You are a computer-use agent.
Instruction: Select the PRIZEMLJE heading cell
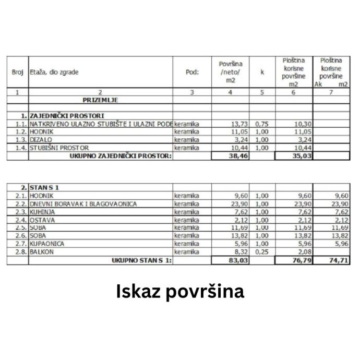[x=100, y=100]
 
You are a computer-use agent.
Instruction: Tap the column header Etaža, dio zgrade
[x=54, y=72]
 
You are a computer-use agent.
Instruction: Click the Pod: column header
[x=192, y=72]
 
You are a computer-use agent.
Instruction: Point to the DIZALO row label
[x=41, y=140]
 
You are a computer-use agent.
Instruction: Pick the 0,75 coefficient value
[x=261, y=124]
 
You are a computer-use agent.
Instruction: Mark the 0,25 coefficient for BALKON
[x=261, y=251]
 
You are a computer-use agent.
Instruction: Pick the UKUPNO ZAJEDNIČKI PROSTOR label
[x=121, y=155]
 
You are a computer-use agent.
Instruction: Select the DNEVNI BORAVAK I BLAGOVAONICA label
[x=83, y=204]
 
